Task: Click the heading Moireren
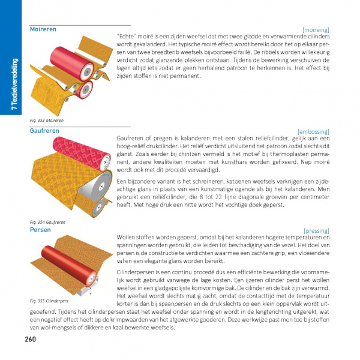[x=43, y=29]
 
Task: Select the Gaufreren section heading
[x=44, y=130]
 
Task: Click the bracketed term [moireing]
[x=316, y=29]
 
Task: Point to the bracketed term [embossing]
[x=313, y=131]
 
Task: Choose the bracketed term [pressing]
[x=316, y=230]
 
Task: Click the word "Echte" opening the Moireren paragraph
[x=126, y=37]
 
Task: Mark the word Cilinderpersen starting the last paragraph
[x=135, y=273]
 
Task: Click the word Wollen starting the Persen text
[x=126, y=237]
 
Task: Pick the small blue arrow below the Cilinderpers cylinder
[x=88, y=289]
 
